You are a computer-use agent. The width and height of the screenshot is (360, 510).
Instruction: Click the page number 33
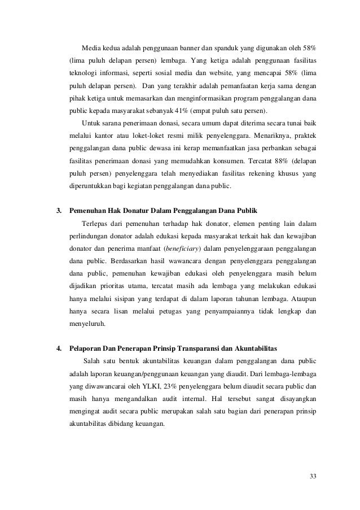313,478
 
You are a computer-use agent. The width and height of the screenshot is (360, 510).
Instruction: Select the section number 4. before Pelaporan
58,347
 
